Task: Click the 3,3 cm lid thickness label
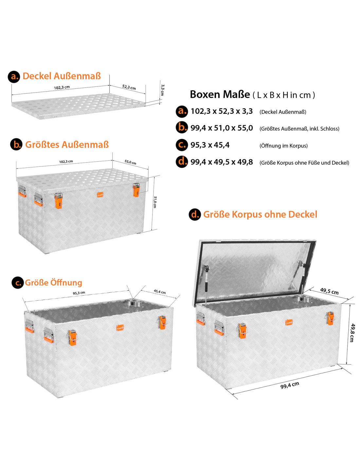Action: pyautogui.click(x=163, y=90)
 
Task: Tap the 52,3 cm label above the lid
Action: pyautogui.click(x=129, y=87)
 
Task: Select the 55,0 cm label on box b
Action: pyautogui.click(x=131, y=162)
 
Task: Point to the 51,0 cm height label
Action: pyautogui.click(x=155, y=202)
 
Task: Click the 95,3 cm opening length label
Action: pyautogui.click(x=79, y=293)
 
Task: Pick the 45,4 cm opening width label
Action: pyautogui.click(x=160, y=291)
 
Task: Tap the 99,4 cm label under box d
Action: pyautogui.click(x=290, y=385)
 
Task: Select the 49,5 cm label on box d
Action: pyautogui.click(x=329, y=291)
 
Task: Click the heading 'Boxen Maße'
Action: pyautogui.click(x=220, y=95)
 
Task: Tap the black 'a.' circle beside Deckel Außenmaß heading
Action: pyautogui.click(x=14, y=77)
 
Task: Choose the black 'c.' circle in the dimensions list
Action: pyautogui.click(x=182, y=145)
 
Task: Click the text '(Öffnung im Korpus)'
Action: pyautogui.click(x=283, y=146)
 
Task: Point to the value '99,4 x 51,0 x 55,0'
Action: pyautogui.click(x=222, y=128)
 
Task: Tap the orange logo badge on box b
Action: pyautogui.click(x=100, y=195)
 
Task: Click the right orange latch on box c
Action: pyautogui.click(x=163, y=323)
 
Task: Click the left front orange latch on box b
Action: pyautogui.click(x=58, y=200)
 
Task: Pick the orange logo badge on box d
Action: pyautogui.click(x=289, y=322)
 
